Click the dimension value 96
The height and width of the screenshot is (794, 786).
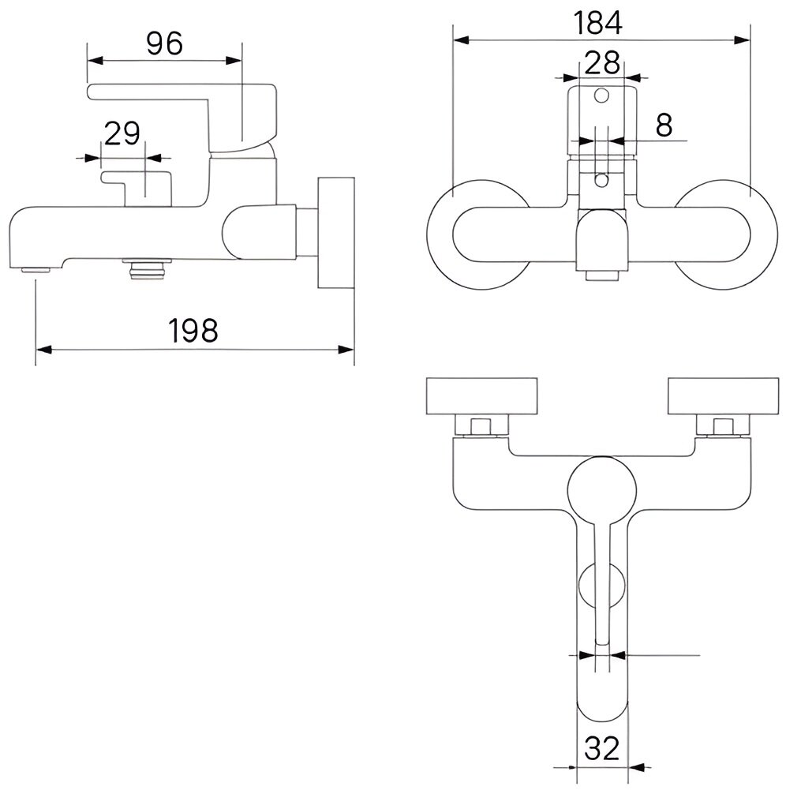pos(164,43)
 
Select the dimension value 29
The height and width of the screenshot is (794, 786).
pos(122,133)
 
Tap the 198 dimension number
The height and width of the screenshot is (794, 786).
pos(193,330)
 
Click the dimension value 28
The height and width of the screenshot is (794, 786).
pos(601,62)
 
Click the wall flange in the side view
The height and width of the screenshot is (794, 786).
pos(335,234)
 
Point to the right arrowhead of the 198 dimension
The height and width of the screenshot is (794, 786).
pos(347,348)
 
